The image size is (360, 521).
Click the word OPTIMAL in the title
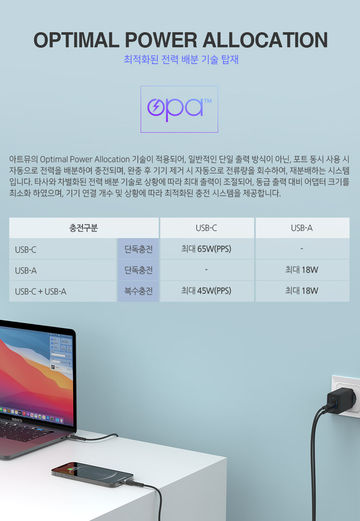tap(76, 40)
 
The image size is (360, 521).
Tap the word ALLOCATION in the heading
tap(265, 40)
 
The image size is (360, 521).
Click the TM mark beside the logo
tap(208, 101)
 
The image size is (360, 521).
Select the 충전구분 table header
tap(84, 228)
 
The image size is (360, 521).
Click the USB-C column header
tap(206, 228)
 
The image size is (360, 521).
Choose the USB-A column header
tap(302, 228)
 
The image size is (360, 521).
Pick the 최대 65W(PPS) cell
tap(206, 249)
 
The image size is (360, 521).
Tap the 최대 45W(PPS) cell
tap(206, 291)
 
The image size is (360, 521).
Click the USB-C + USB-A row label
tap(41, 291)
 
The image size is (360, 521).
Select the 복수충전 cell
tap(139, 291)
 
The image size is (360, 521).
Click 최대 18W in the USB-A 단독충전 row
tap(302, 270)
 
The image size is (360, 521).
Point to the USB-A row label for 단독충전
tap(26, 271)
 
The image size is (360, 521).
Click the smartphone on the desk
tap(93, 475)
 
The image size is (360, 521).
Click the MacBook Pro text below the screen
tap(17, 420)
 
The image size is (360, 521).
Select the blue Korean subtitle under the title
tap(181, 59)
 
